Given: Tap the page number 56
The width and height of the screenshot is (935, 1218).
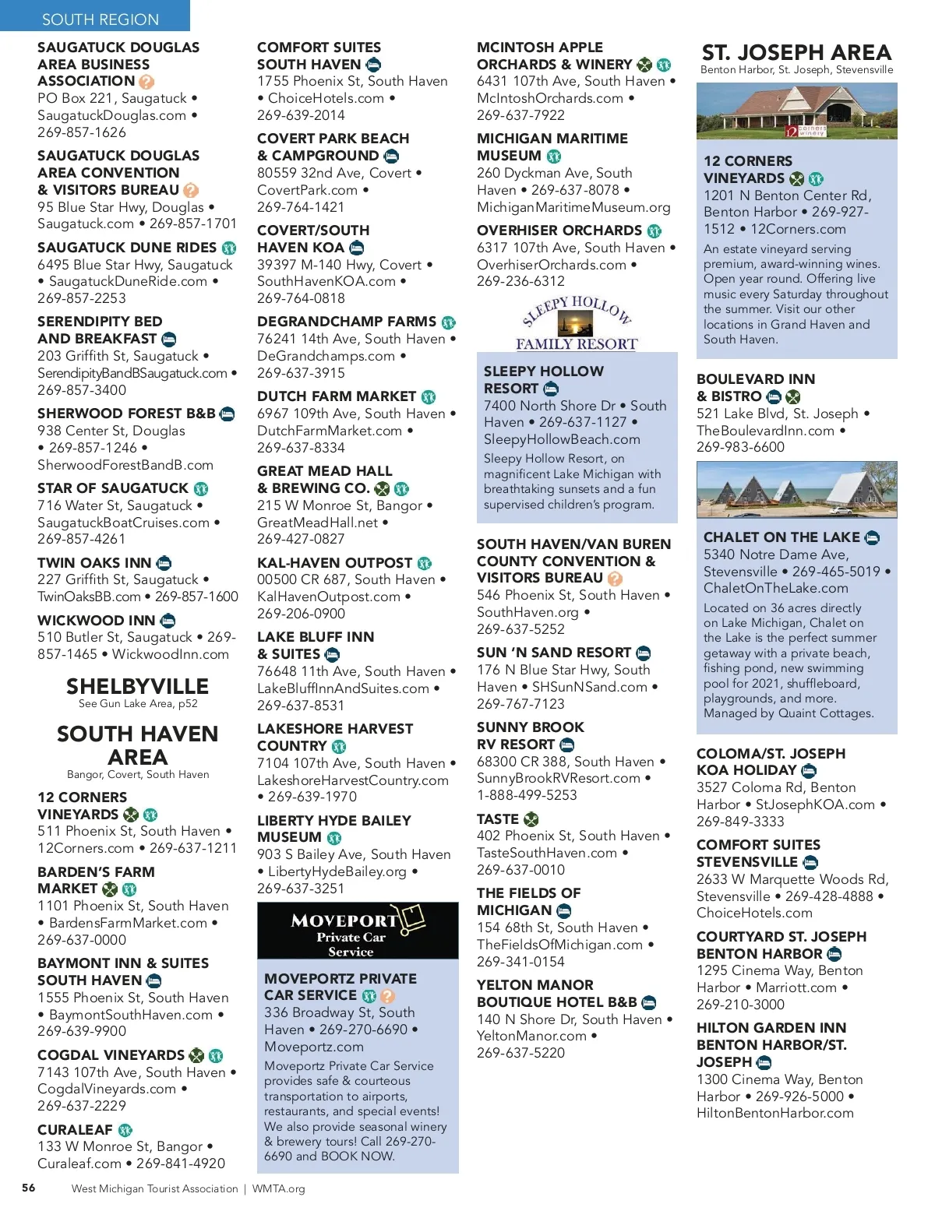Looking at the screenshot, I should pos(29,1188).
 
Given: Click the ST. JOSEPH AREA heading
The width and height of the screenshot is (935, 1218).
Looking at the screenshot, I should pos(796,52).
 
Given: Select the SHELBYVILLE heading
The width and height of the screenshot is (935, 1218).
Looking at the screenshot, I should pos(137,686).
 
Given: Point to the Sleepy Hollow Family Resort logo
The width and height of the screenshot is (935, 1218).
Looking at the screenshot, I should pos(577,322).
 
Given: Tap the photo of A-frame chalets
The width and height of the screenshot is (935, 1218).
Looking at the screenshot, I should pos(796,490).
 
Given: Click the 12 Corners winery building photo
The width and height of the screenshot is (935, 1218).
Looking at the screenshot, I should pos(796,111).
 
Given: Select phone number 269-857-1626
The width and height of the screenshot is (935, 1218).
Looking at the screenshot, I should pos(82,132).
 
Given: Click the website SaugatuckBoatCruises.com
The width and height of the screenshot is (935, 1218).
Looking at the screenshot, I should pos(124,523).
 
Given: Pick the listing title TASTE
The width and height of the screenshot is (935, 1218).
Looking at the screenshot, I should pos(498,819).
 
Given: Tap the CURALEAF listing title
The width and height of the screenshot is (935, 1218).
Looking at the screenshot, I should pos(76,1129).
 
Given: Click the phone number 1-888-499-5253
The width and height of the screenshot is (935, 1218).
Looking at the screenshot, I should pos(527,795).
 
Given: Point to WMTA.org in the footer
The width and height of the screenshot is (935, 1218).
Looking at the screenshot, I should pos(278,1188).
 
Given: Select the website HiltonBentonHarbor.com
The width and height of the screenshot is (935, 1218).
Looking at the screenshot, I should pos(775,1113).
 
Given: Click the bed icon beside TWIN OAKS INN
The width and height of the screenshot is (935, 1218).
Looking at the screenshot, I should pos(164,563).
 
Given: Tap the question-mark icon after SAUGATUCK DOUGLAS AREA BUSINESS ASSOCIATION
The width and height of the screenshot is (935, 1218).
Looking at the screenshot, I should pos(146,81).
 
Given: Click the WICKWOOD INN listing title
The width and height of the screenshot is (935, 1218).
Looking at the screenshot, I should pos(97,620).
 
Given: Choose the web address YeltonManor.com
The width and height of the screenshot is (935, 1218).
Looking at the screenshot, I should pos(532,1036).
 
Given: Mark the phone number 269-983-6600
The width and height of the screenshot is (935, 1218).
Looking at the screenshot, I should pos(740,447).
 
